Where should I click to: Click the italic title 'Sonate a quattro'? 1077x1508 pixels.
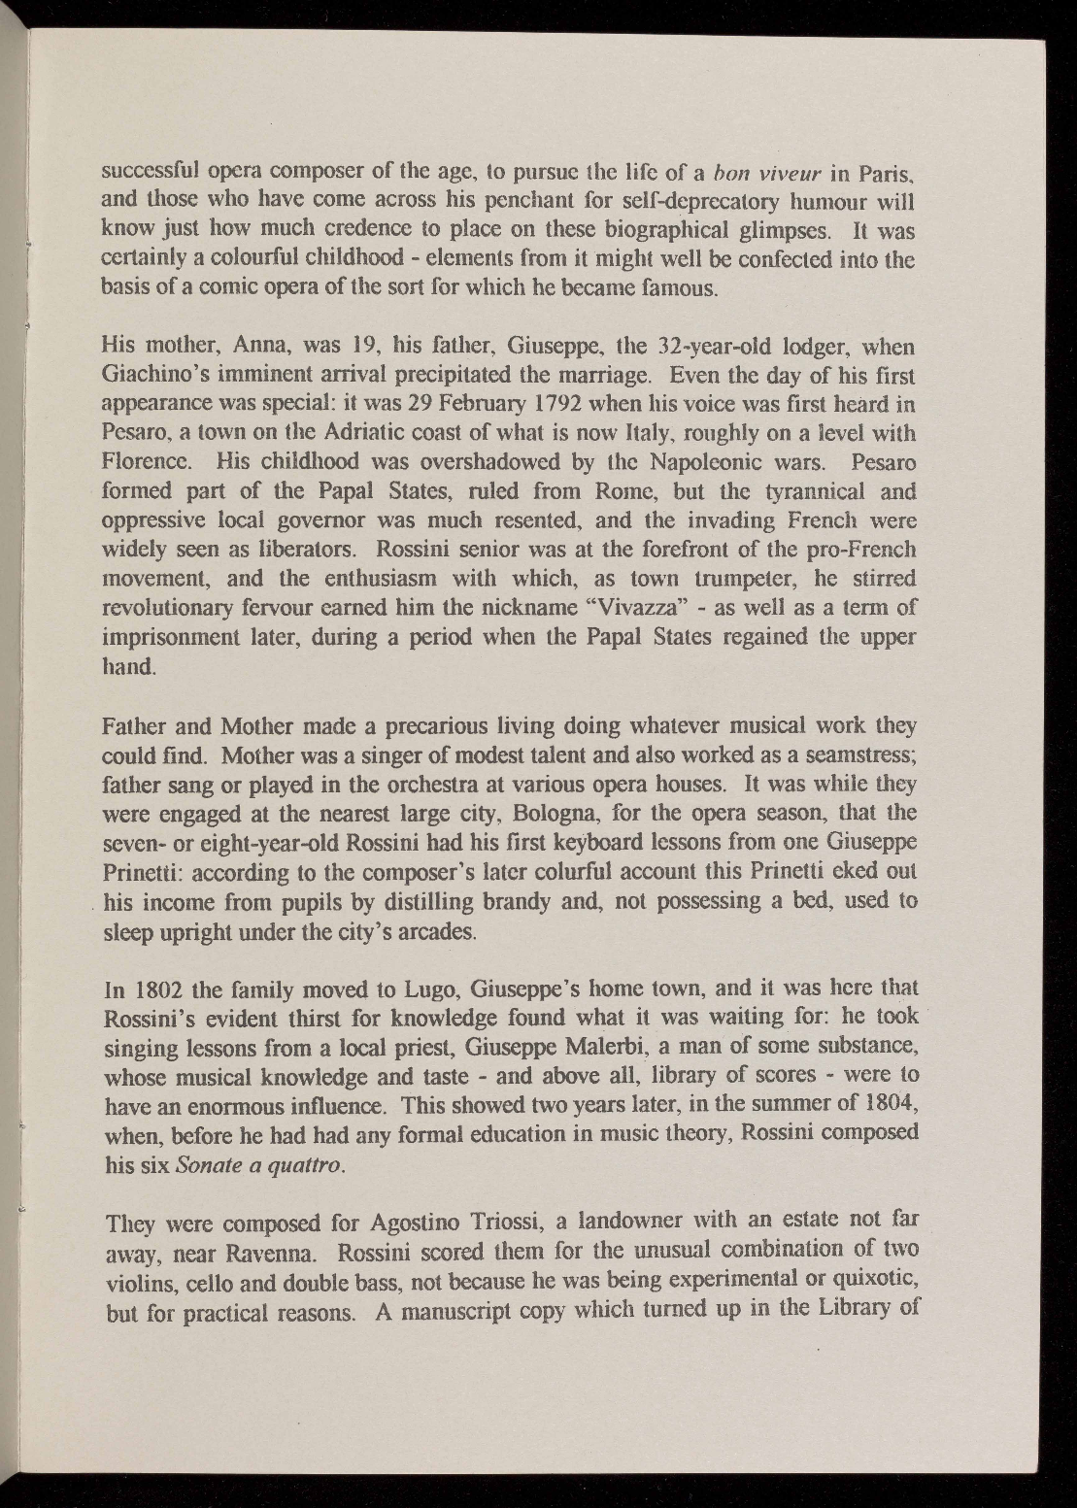click(x=256, y=1164)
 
